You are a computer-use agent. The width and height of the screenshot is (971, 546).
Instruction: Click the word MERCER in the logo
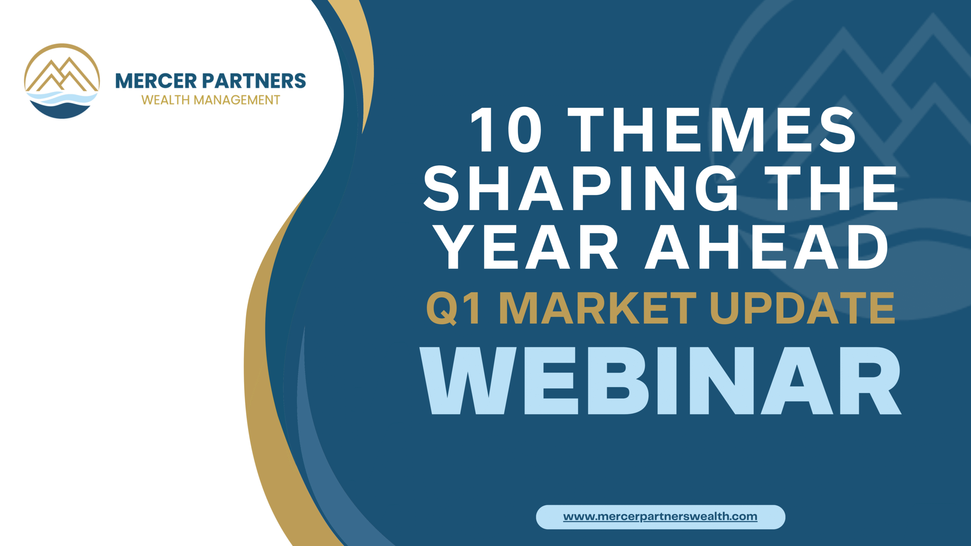(156, 81)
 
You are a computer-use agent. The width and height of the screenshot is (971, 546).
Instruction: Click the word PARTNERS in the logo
(254, 81)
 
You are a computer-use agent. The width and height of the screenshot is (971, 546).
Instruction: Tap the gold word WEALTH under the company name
(165, 100)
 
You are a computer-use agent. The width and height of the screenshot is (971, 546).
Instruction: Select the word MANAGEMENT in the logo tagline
(237, 100)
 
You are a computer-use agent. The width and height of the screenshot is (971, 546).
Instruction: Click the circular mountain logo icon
(62, 81)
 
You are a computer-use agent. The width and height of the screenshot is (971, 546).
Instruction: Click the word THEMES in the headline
(711, 130)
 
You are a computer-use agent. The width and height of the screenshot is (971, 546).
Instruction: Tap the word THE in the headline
(831, 188)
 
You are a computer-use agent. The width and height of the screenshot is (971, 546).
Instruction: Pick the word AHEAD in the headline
(767, 246)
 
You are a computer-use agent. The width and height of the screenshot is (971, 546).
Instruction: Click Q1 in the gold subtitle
(454, 308)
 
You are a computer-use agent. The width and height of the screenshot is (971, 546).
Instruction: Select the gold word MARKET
(598, 308)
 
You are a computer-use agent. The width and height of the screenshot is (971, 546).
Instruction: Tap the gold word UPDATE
(803, 308)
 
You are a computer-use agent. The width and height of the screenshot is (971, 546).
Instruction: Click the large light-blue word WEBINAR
(660, 380)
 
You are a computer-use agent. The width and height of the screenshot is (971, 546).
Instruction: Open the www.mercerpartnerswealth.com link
(660, 516)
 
